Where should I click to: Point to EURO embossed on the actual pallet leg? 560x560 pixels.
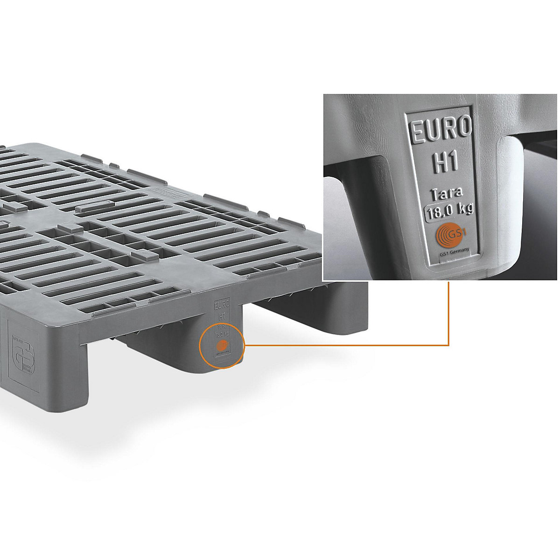coord(222,306)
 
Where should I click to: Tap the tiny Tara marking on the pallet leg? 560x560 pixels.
coord(222,327)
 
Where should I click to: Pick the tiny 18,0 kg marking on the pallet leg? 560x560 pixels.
coord(222,334)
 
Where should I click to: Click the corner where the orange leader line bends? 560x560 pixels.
coord(448,345)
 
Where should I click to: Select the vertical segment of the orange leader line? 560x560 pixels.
coord(448,313)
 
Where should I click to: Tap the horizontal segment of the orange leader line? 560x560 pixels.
coord(345,345)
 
